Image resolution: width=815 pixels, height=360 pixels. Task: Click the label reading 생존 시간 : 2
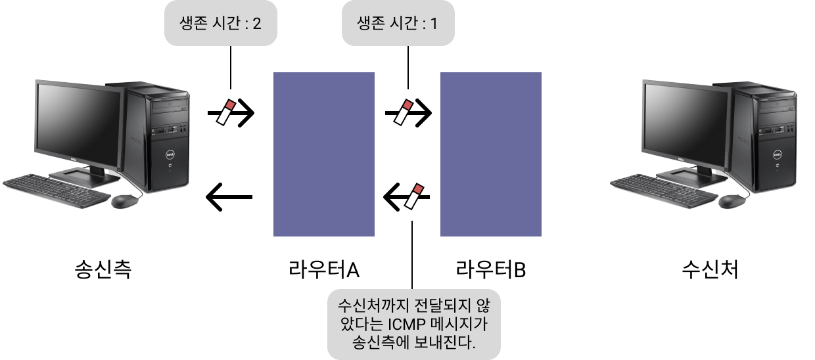click(x=220, y=24)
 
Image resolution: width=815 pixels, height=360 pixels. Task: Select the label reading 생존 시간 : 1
click(x=398, y=24)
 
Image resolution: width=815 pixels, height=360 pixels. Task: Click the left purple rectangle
click(x=323, y=154)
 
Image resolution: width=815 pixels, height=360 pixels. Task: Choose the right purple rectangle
click(x=490, y=154)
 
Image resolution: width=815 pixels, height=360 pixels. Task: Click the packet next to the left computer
click(x=226, y=112)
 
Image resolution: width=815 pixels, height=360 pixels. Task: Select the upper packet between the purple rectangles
click(x=403, y=112)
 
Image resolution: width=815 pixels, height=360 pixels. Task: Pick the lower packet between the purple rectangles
click(x=414, y=196)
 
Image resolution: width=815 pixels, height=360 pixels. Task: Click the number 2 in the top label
click(x=257, y=24)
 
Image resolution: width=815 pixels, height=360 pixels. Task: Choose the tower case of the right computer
click(x=762, y=138)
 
